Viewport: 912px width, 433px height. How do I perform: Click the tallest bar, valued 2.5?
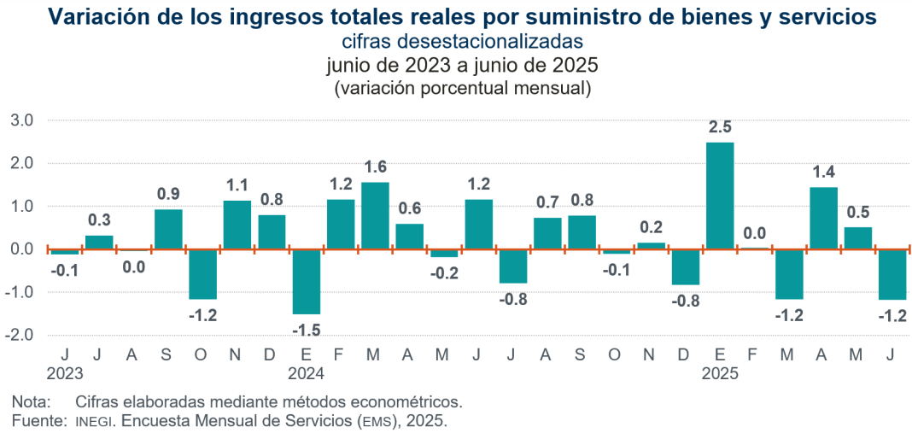(720, 196)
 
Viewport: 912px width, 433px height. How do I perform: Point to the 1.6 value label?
(375, 167)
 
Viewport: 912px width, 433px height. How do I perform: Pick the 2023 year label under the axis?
(64, 372)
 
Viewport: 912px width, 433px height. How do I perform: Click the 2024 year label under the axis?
(306, 372)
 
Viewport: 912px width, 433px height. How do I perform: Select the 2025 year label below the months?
(720, 372)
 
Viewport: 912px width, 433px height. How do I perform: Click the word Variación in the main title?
(94, 16)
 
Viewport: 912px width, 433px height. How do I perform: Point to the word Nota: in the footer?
(31, 401)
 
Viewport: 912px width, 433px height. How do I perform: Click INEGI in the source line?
(93, 421)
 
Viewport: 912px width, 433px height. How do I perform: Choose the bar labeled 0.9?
(168, 229)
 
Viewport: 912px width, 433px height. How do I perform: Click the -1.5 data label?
(306, 330)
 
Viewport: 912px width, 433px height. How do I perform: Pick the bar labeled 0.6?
(409, 237)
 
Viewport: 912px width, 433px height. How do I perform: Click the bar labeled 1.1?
(237, 225)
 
